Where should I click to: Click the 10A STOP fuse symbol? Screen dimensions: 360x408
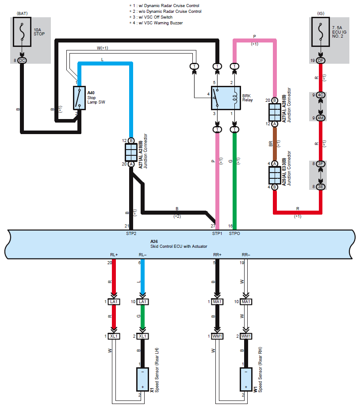22,32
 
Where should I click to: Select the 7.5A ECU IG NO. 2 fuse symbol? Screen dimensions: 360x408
321,32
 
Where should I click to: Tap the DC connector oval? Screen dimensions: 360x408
22,61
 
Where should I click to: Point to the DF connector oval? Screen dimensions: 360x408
321,61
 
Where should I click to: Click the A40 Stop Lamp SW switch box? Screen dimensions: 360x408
79,98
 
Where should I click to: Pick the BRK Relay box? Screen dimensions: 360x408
226,98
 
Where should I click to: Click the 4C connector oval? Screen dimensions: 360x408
321,95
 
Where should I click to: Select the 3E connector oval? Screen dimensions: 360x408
321,187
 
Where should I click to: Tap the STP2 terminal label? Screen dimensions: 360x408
131,234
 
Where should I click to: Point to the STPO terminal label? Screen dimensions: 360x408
234,234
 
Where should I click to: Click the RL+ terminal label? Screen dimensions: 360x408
114,255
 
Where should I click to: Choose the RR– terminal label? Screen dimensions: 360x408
246,255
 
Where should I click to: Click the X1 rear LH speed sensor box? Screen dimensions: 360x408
142,379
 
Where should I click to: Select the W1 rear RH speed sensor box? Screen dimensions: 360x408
246,379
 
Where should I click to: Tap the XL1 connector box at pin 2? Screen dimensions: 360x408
142,336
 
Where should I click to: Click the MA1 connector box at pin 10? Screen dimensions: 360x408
246,302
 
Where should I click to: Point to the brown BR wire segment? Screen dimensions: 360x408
275,144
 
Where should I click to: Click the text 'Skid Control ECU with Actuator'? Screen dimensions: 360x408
179,246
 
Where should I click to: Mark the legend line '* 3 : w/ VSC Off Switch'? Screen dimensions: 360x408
151,17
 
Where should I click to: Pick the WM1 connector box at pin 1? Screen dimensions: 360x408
217,336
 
